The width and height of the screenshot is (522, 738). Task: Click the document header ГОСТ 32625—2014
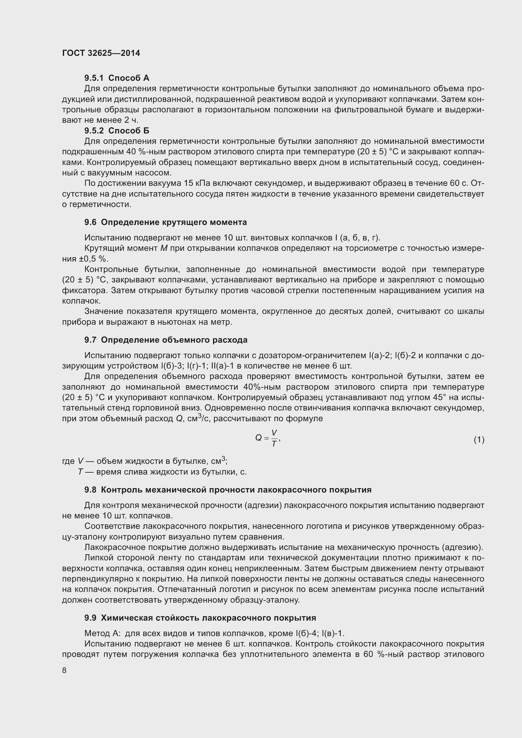(x=101, y=53)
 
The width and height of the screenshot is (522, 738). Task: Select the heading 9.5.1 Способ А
(x=117, y=78)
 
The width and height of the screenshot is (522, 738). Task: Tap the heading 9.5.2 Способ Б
(x=117, y=131)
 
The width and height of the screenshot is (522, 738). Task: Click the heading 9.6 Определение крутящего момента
(x=166, y=222)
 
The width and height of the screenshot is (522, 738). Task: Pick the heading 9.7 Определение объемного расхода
(x=166, y=340)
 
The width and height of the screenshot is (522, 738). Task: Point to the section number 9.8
(x=90, y=490)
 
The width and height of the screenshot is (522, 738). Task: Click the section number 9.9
(x=90, y=618)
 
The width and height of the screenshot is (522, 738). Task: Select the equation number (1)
(x=479, y=440)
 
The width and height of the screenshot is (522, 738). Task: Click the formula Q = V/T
(x=267, y=438)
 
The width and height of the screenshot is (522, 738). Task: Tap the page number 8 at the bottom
(x=64, y=670)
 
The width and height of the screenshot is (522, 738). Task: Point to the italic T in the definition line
(x=80, y=472)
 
